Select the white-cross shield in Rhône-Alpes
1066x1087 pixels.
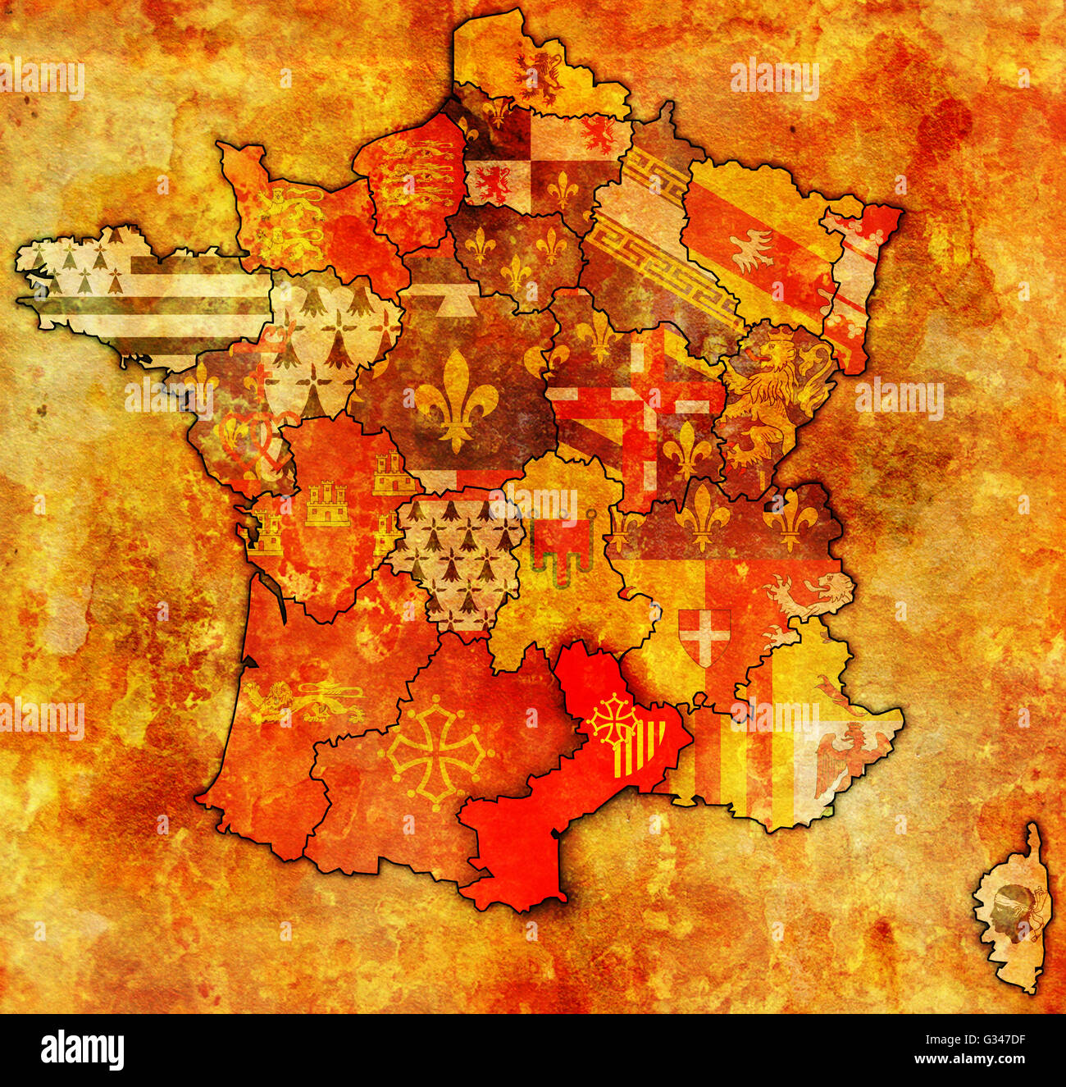pos(704,634)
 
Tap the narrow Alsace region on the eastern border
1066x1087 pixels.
pos(857,287)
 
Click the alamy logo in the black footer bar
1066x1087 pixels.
pos(83,1050)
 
